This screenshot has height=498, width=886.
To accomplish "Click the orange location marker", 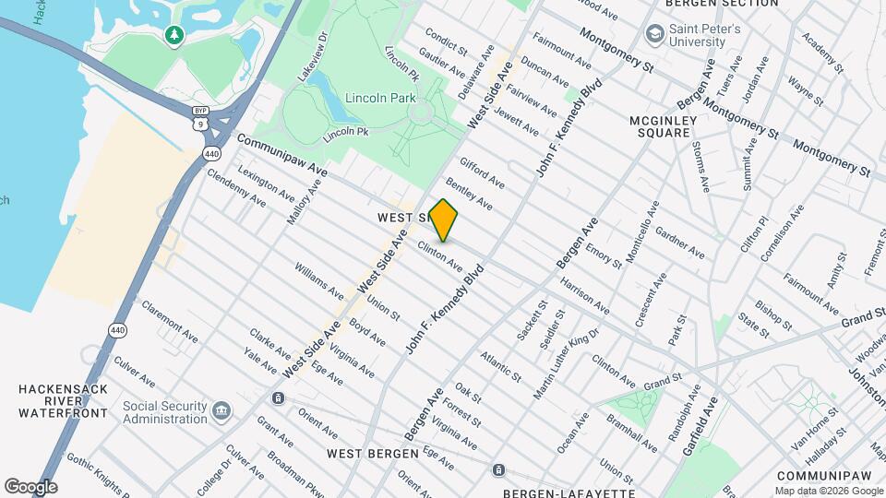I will [x=444, y=219].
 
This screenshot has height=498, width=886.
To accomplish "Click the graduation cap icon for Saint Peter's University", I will [x=654, y=35].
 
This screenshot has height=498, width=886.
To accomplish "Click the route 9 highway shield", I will [x=199, y=122].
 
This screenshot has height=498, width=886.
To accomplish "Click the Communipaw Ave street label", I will [x=281, y=155].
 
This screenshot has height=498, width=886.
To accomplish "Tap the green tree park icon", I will [x=174, y=35].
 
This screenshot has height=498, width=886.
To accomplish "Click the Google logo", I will [x=30, y=486].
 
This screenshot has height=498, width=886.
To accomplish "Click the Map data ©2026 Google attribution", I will [x=829, y=491].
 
